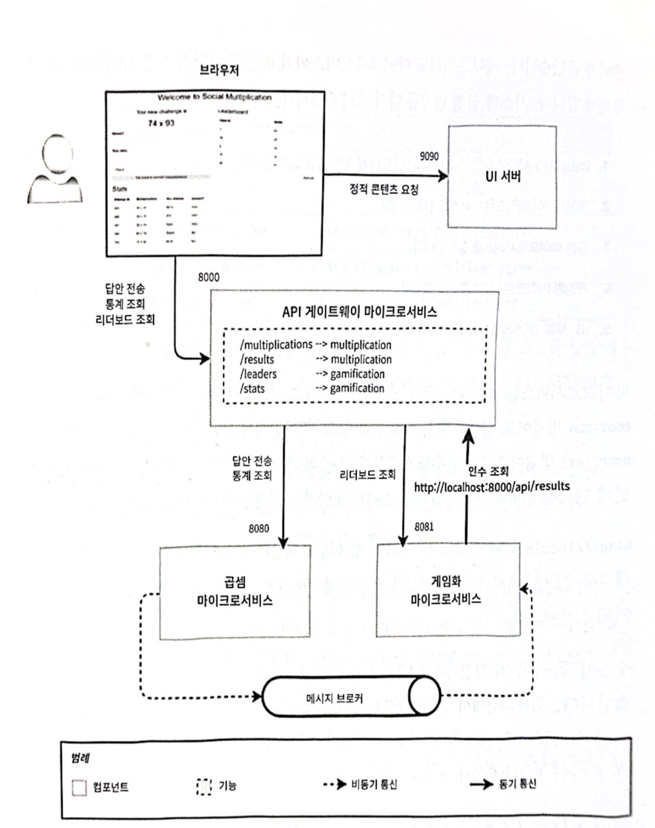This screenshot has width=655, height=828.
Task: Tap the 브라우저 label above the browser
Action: pos(219,70)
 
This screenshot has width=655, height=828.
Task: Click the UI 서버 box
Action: pos(502,177)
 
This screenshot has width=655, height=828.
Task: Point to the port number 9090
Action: pos(429,156)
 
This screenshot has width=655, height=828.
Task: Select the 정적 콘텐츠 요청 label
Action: pos(384,189)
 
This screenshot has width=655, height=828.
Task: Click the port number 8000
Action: pos(208,277)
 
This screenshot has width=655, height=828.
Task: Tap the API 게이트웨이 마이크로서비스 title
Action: pos(359,312)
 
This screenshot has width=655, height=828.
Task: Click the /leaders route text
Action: pos(258,374)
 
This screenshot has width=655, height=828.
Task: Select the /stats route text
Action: pos(252,388)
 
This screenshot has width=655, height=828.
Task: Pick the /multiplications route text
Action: pos(276,344)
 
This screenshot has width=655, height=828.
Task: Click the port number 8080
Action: pos(259,529)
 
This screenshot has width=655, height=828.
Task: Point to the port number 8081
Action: pos(424,527)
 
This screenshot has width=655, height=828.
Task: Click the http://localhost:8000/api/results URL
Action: pos(492,487)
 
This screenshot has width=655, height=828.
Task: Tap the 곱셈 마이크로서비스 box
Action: pos(235,592)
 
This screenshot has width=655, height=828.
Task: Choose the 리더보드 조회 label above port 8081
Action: pos(368,475)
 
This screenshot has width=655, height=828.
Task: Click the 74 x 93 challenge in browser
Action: pos(161,123)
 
